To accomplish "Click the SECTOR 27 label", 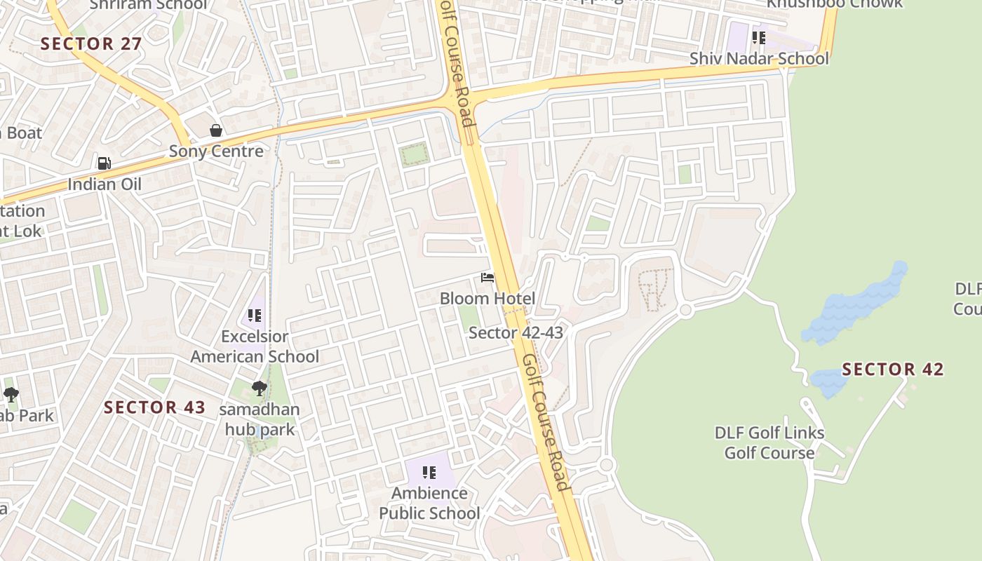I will pos(91,43).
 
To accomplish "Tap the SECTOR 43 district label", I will pos(155,407).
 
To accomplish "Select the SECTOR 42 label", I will pos(893,370).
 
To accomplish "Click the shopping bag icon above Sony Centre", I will pos(216,130).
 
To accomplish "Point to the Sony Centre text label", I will pos(216,151).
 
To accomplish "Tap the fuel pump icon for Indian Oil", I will pos(104,163).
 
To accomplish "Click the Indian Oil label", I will pos(105,184).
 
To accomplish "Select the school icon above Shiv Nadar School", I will pos(758,37).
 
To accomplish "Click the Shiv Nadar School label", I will pos(759,58).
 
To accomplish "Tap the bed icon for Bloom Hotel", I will pos(487,278).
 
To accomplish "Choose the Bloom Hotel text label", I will pos(487,299).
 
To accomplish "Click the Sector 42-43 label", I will pos(516,332).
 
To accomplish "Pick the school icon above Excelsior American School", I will pos(255,316).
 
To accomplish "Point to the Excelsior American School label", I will pos(255,346).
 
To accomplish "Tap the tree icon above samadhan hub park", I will pos(260,388).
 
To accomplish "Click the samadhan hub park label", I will pos(260,419).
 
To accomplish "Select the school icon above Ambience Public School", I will pos(429,473).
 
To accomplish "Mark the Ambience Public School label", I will pos(429,503).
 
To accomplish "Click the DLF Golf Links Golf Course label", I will pos(769,442).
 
